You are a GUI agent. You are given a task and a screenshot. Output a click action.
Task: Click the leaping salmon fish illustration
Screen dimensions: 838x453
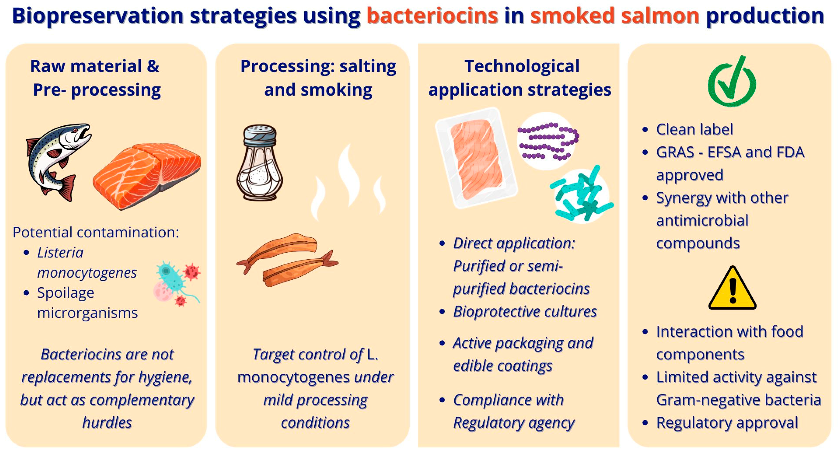coord(57,161)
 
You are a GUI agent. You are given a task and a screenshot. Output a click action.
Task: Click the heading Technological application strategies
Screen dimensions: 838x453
coord(520,78)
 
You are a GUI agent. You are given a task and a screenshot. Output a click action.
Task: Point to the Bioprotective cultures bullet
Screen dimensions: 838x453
coord(525,311)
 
